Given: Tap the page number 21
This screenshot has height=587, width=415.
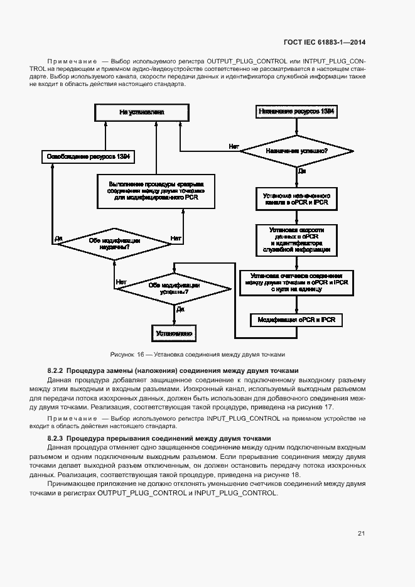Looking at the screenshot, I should point(361,534).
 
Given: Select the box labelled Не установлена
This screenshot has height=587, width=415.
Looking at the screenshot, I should point(141,112).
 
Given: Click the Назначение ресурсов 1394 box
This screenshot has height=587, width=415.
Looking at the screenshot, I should point(296,111).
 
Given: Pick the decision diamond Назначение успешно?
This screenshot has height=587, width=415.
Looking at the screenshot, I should point(296,151).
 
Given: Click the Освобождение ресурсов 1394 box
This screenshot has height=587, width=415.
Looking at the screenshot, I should point(89,156).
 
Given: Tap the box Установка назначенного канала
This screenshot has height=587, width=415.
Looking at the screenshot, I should point(296,199).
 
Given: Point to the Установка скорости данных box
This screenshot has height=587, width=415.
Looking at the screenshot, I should point(296,239).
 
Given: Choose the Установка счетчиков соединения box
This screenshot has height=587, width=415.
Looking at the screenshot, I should point(296,283).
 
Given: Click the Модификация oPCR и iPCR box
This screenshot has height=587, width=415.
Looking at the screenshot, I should point(296,320).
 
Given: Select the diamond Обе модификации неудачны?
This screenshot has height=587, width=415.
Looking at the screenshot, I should point(114,243).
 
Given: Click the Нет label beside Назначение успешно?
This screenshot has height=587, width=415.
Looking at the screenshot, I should point(234,146).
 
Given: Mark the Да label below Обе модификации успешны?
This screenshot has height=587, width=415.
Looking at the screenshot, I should point(180,309).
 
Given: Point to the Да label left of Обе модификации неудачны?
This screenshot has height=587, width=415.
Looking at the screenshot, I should point(58,238).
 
